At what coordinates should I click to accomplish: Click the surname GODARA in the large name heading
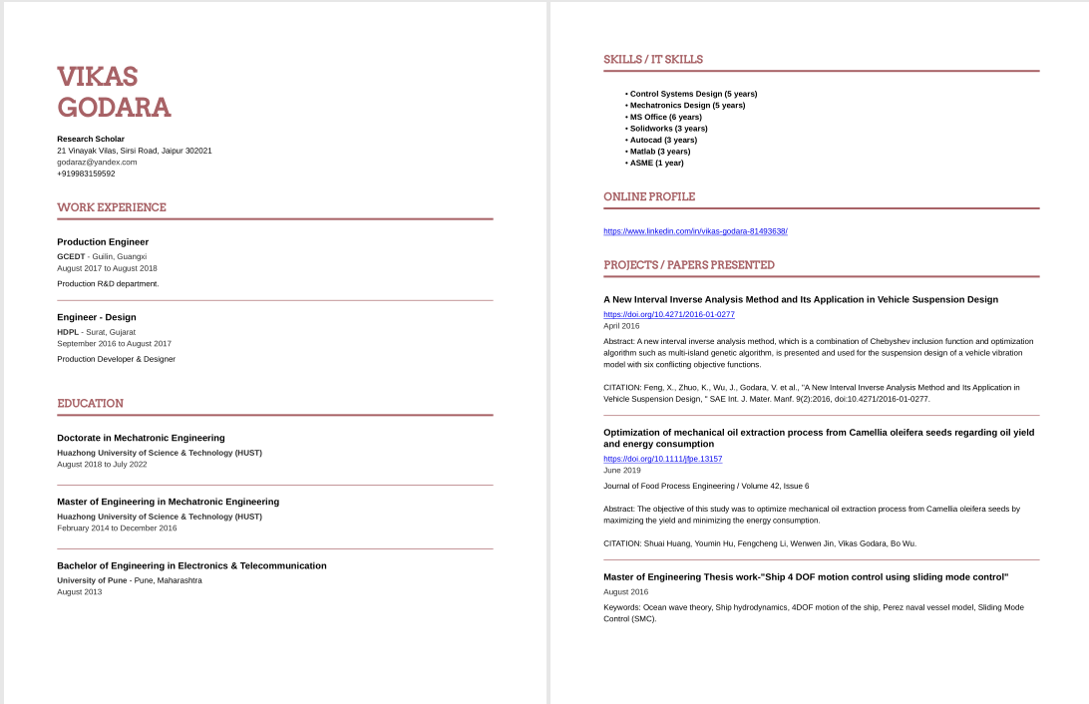(114, 108)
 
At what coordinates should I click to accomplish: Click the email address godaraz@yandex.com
(97, 162)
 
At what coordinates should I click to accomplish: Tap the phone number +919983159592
(86, 174)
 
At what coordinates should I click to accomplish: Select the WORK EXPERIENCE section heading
(112, 207)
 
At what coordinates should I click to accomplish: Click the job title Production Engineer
(103, 242)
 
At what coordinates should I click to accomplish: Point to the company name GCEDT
(70, 256)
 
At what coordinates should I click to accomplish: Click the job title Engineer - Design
(97, 318)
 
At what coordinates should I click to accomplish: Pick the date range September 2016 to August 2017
(114, 344)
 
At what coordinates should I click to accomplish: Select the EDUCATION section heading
(90, 404)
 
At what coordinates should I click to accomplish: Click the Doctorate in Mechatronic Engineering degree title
(141, 438)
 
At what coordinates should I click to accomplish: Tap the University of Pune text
(93, 580)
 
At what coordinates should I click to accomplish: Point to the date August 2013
(79, 592)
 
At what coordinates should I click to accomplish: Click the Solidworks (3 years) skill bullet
(668, 129)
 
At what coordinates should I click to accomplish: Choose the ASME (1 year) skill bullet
(656, 164)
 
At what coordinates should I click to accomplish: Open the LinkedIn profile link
(695, 231)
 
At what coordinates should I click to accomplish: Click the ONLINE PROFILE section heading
(649, 196)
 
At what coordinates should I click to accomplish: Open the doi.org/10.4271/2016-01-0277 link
(668, 314)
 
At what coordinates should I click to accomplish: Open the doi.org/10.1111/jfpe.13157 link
(662, 459)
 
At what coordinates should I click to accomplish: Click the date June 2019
(622, 471)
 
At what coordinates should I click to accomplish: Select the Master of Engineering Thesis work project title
(806, 577)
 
